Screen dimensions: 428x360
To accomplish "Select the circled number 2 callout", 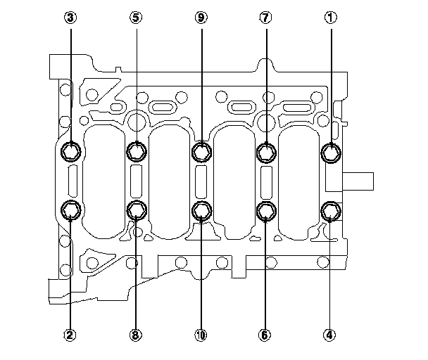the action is (x=70, y=335).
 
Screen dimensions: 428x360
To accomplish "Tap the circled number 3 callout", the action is (x=70, y=19).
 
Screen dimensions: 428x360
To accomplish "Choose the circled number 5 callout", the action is (x=136, y=19).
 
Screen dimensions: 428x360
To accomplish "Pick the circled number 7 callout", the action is (x=266, y=19).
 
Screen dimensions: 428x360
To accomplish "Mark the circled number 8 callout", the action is (x=136, y=335).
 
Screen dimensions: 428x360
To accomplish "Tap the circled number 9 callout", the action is (x=201, y=19).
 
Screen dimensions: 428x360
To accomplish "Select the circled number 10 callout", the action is (x=201, y=335).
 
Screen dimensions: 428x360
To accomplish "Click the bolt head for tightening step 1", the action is (x=331, y=151).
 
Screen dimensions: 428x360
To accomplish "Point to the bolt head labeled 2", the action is (x=71, y=210).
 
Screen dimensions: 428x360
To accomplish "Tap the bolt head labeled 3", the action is (x=71, y=151).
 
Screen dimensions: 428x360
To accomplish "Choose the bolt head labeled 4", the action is (x=331, y=210).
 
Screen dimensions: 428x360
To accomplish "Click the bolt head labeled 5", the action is (x=136, y=151).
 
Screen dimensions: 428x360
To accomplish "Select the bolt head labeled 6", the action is (x=266, y=210).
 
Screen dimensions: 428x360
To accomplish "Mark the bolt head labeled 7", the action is (x=266, y=151).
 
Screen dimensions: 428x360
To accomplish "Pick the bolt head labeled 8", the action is (x=136, y=210).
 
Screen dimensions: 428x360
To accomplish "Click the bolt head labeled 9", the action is (x=201, y=151).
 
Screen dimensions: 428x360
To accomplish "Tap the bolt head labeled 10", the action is (x=201, y=210).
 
